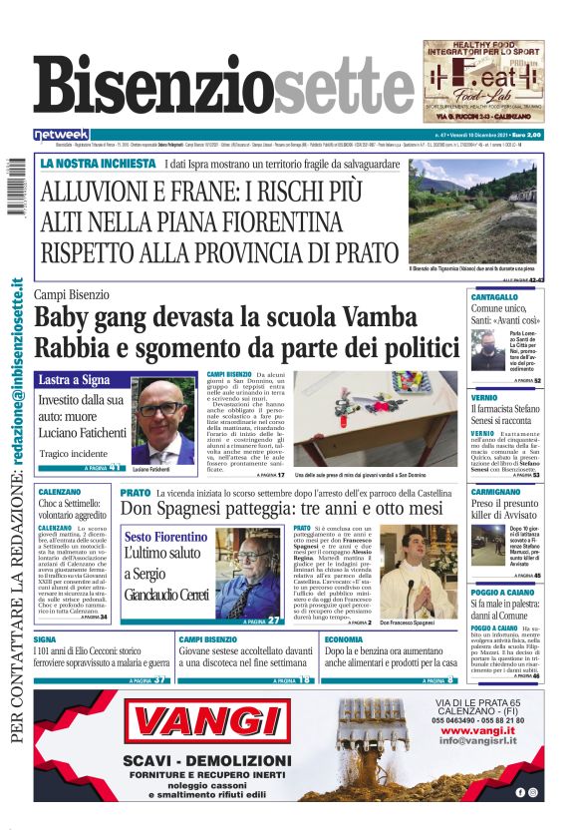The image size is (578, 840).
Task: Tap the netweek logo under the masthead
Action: tap(62, 135)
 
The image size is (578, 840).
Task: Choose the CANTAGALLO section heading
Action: tap(494, 298)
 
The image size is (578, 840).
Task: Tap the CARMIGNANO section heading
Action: tap(496, 493)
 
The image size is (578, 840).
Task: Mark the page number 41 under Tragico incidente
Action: tap(116, 467)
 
